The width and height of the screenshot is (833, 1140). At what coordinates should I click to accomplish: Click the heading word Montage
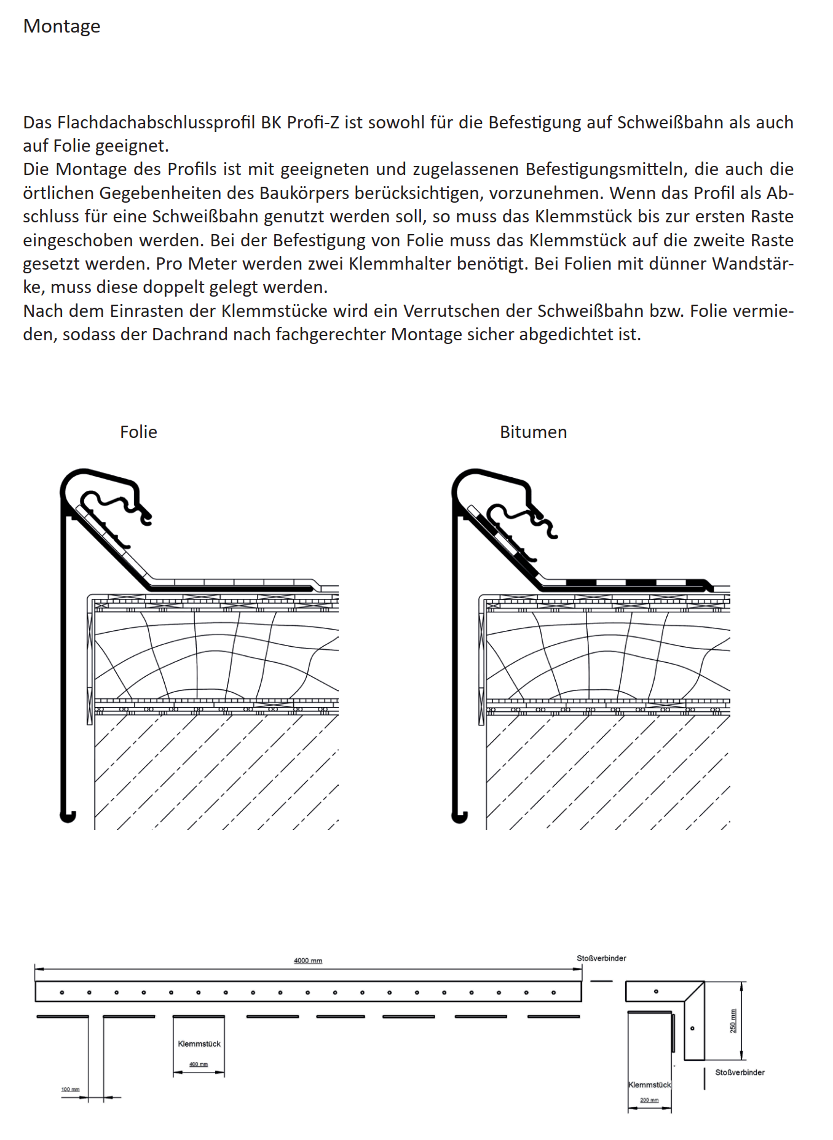pos(61,26)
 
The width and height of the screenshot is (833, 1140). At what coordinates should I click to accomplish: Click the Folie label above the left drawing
pos(138,432)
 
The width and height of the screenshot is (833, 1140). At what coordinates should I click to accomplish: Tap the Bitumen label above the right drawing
pos(533,432)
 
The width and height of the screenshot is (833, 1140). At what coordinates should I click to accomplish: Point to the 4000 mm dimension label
pos(308,961)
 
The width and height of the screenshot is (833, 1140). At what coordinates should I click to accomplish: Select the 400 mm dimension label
pos(199,1064)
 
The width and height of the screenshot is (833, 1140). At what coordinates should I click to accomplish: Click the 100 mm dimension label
pos(70,1090)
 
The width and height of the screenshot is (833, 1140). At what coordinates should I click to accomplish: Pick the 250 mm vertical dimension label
pos(733,1021)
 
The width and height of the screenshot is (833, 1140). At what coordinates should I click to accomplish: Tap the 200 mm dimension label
pos(649,1100)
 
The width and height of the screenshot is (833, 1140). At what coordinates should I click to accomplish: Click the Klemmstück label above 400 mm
pos(199,1044)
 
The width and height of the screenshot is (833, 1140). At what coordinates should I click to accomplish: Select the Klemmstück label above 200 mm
pos(649,1085)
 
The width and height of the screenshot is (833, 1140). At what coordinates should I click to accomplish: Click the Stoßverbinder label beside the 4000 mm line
pos(601,958)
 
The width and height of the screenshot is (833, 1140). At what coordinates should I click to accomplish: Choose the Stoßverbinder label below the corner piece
pos(740,1072)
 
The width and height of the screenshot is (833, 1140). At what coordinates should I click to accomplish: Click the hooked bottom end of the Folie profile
pos(68,817)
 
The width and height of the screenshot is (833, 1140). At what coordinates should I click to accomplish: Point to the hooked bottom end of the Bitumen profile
pos(459,817)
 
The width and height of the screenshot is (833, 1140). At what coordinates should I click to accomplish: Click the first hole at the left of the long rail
pos(61,993)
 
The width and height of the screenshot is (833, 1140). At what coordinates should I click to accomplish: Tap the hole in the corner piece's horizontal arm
pos(656,991)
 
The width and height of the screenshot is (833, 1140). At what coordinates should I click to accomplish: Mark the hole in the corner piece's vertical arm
pos(693,1028)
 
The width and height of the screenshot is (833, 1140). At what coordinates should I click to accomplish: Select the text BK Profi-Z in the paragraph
pos(299,122)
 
